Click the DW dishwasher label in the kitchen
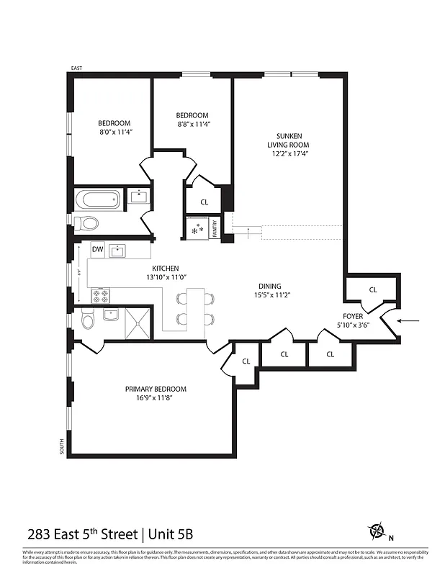point(98,250)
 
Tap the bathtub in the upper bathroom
point(98,199)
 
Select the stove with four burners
point(100,295)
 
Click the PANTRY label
point(215,228)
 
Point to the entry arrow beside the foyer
point(410,321)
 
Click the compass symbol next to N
point(377,531)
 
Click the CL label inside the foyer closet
point(372,289)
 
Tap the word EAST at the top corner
point(76,68)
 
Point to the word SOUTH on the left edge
point(61,446)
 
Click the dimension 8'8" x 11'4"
point(192,124)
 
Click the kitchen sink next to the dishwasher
point(118,251)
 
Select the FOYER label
point(354,315)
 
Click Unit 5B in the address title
point(170,534)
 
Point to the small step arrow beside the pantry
point(250,232)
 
